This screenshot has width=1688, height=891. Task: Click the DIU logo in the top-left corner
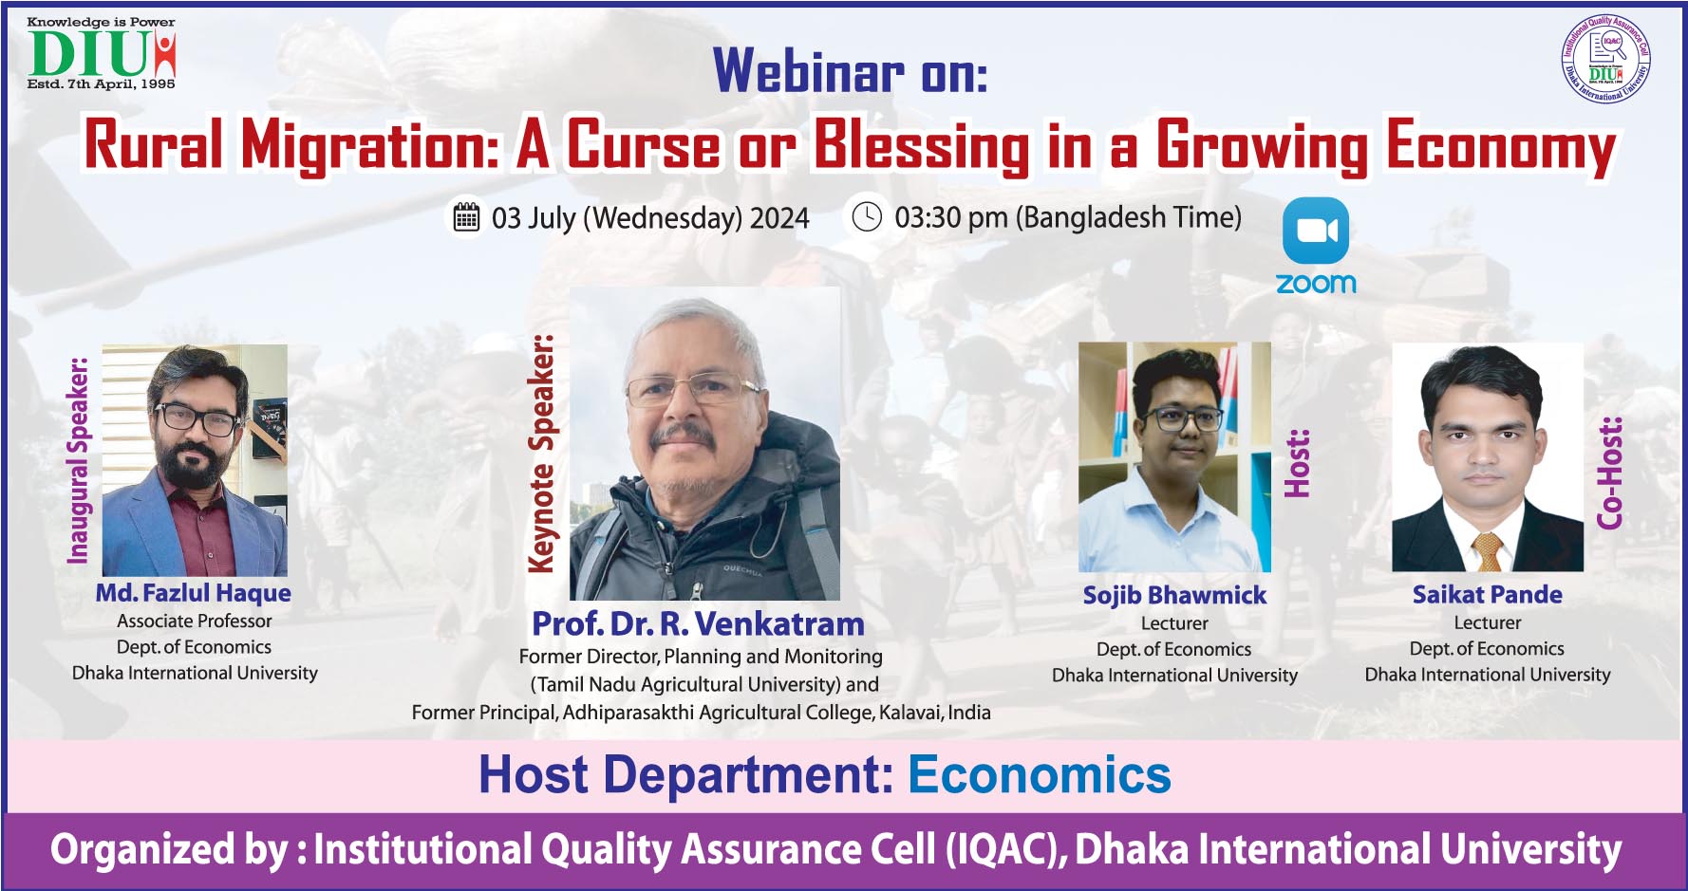point(102,53)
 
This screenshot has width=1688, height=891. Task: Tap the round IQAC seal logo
point(1606,58)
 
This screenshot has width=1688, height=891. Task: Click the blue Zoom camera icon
point(1316,231)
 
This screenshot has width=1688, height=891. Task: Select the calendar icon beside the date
point(466,217)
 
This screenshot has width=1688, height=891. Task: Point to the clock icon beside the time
point(867,216)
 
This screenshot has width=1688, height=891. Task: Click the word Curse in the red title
point(643,145)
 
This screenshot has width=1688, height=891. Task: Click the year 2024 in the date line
point(779,218)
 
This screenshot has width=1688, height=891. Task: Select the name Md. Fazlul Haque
point(194,593)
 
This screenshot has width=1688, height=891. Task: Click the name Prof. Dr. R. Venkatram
point(698,623)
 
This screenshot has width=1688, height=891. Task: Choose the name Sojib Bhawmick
point(1174,595)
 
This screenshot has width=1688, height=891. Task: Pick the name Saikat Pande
point(1488,594)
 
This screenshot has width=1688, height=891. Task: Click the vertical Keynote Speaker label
point(541,454)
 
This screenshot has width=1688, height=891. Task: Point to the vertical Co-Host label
point(1609,473)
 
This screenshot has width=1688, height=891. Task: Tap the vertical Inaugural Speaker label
point(78,460)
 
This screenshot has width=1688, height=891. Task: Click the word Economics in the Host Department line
point(1040,774)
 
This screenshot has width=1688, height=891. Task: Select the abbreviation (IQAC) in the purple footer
point(1003,849)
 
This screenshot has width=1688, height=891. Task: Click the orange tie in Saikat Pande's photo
point(1488,551)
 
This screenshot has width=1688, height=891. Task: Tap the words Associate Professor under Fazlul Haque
point(195,622)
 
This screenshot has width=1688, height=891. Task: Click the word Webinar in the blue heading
point(809,70)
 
